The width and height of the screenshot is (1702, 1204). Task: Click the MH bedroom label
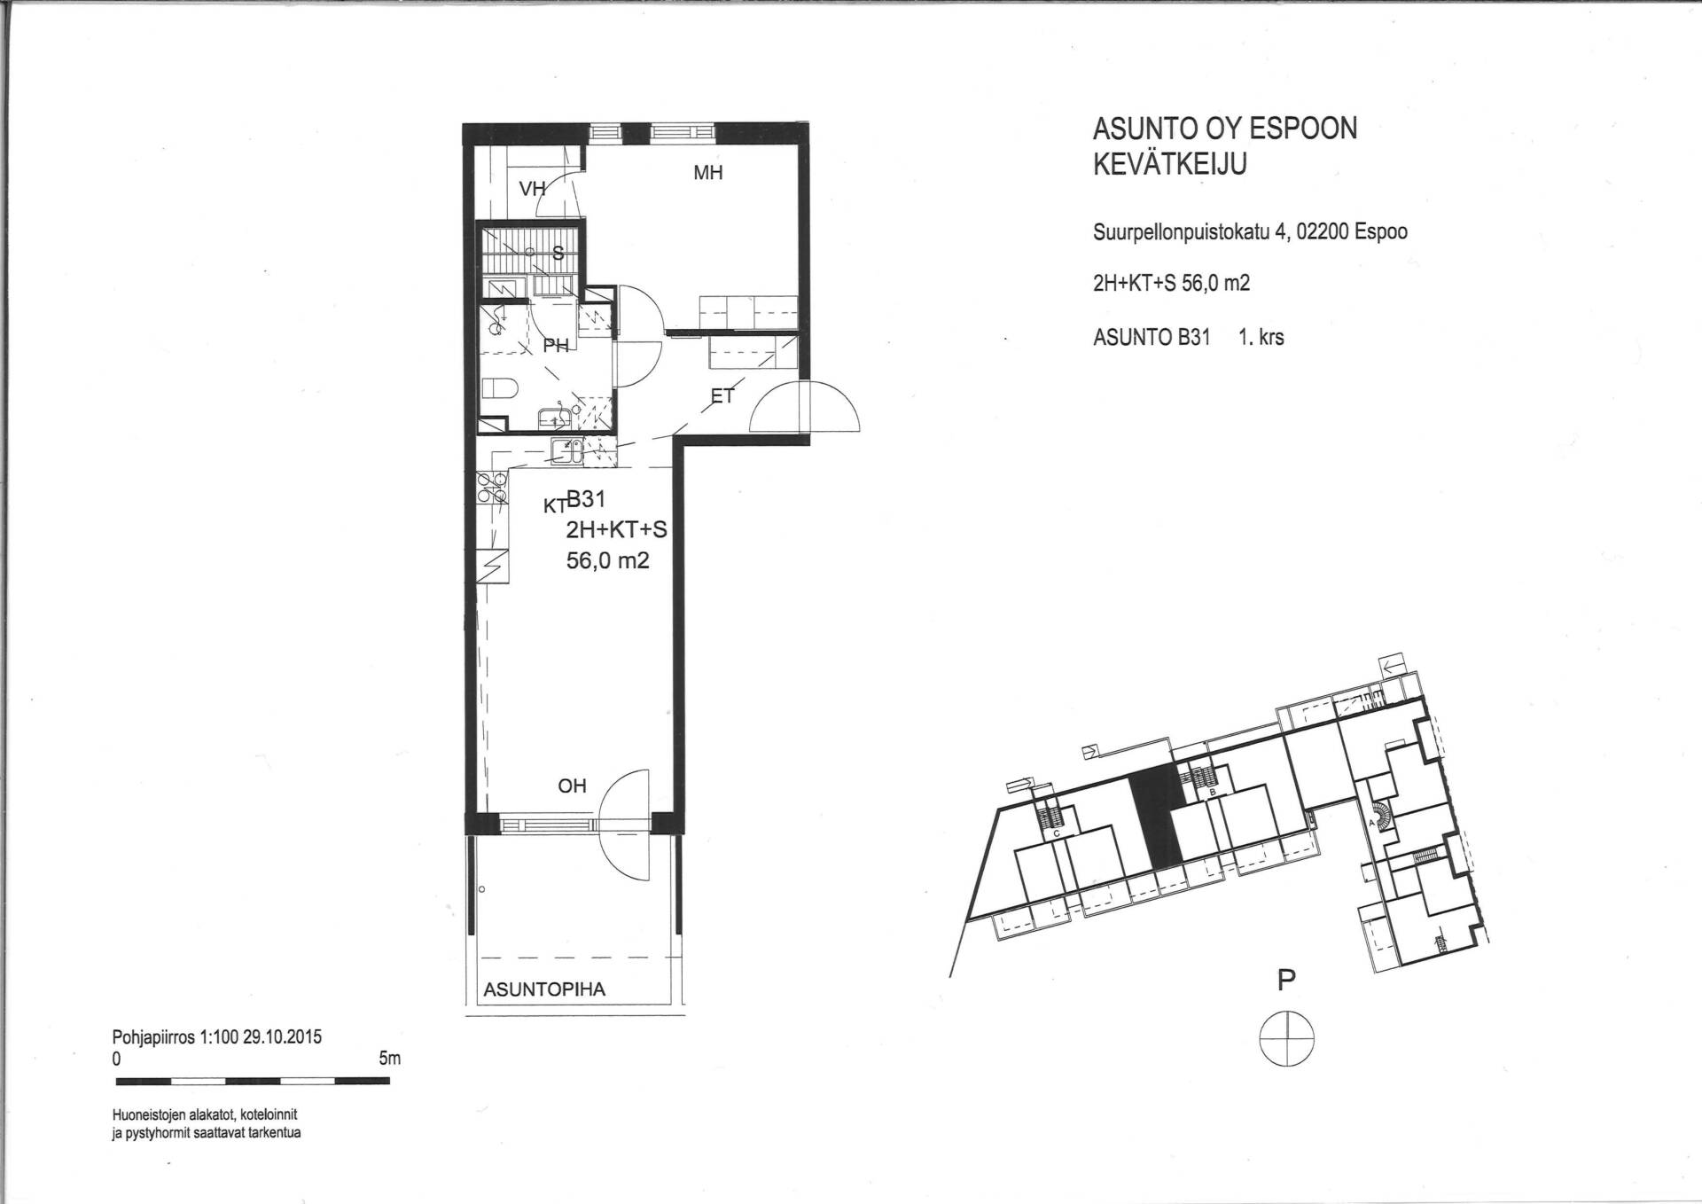[707, 173]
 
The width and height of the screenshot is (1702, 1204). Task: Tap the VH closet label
[532, 189]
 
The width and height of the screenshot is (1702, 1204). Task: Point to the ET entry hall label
[722, 396]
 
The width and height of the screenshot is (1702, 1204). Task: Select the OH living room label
[572, 786]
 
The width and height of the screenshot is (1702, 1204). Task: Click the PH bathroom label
[556, 346]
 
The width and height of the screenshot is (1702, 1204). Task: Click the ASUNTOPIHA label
[544, 989]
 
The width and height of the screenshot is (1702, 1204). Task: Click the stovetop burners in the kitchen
[493, 488]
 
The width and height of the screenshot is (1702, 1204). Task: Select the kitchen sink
[566, 451]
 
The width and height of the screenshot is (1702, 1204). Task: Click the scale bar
[253, 1081]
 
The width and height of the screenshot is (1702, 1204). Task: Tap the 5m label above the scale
[389, 1058]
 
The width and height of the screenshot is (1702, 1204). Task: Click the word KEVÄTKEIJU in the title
[1169, 165]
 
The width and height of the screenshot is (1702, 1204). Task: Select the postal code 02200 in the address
[1323, 232]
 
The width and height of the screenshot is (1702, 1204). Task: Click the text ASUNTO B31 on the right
[1152, 337]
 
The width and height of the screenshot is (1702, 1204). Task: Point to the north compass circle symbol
[1286, 1037]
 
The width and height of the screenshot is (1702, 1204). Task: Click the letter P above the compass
[1286, 980]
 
